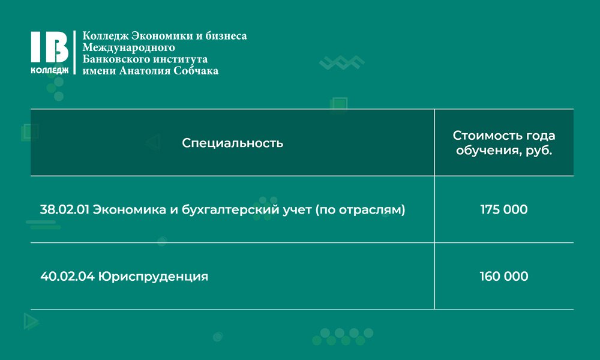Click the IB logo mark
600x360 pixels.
(50, 47)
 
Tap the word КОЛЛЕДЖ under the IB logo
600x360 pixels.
(50, 70)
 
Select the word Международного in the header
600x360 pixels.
(128, 47)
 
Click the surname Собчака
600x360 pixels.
(196, 71)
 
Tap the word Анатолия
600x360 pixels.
(145, 71)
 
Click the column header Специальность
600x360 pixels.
(233, 143)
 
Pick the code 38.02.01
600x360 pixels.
(65, 209)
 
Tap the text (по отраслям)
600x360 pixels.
(360, 210)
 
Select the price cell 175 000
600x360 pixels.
(504, 209)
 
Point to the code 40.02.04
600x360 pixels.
(67, 276)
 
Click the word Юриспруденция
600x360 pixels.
(153, 277)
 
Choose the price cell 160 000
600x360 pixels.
(504, 276)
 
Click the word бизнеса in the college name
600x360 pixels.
(226, 35)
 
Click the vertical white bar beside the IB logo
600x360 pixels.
(75, 52)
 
